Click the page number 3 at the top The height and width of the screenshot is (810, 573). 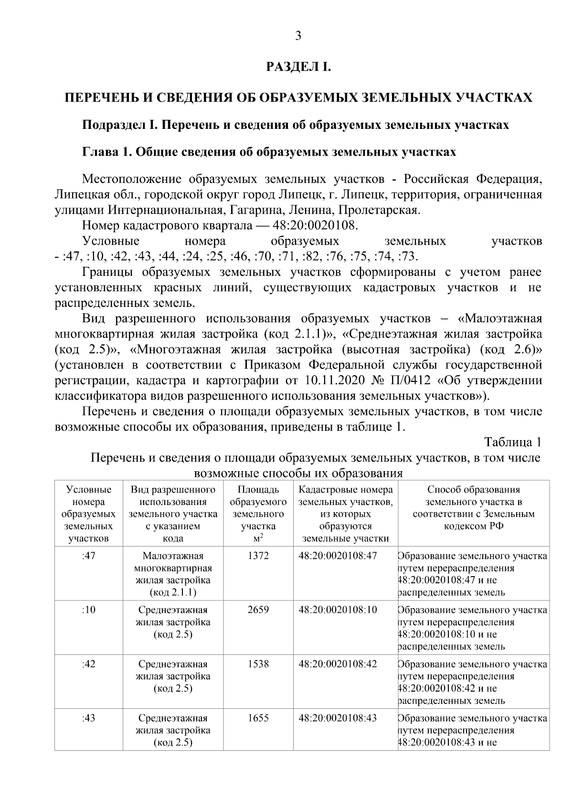(x=298, y=36)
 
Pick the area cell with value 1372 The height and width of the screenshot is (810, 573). (x=258, y=556)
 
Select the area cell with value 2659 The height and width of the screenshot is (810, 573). (x=258, y=610)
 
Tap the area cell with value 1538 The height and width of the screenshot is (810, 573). (x=258, y=664)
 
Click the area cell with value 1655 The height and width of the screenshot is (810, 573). (x=258, y=718)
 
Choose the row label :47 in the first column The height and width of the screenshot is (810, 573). (x=89, y=556)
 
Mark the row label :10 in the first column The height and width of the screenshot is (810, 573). (x=89, y=610)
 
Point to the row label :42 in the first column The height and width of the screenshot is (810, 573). (x=89, y=664)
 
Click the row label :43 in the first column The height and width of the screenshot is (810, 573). (x=89, y=718)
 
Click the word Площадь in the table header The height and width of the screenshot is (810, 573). (x=258, y=490)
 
